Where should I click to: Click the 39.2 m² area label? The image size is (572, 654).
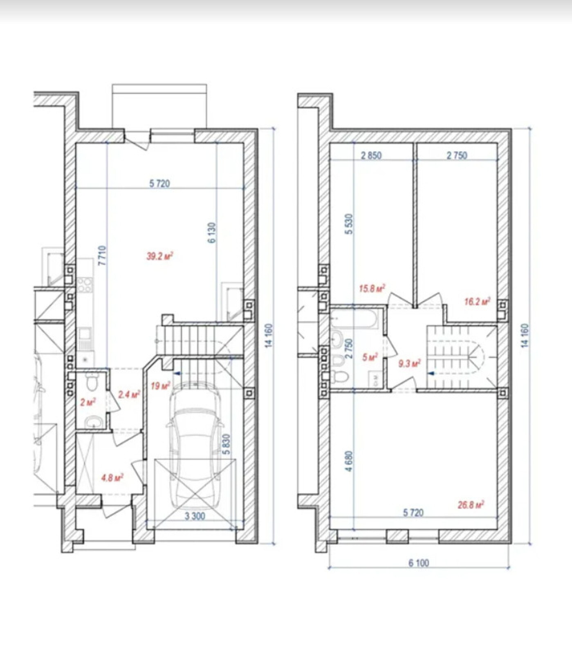click(159, 256)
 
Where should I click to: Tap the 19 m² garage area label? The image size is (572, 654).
click(160, 385)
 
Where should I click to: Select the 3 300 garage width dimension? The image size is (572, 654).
click(195, 516)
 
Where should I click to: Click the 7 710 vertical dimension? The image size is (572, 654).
click(102, 255)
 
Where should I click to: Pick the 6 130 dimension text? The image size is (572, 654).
click(211, 233)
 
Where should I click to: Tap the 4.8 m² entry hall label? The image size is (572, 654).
click(112, 477)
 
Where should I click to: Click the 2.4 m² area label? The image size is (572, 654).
click(129, 394)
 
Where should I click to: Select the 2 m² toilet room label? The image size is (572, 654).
click(88, 402)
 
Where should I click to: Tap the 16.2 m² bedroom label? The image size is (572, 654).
click(477, 302)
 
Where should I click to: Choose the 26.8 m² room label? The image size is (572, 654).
click(471, 505)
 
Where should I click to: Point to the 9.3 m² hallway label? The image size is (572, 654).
click(410, 363)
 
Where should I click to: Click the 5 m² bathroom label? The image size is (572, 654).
click(370, 357)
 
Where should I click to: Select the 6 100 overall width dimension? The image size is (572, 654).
click(419, 563)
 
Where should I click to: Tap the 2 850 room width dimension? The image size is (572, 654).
click(371, 155)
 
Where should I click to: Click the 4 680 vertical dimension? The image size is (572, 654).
click(349, 461)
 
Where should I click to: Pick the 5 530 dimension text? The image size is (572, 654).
click(349, 224)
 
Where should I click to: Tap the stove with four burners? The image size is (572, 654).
click(85, 284)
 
